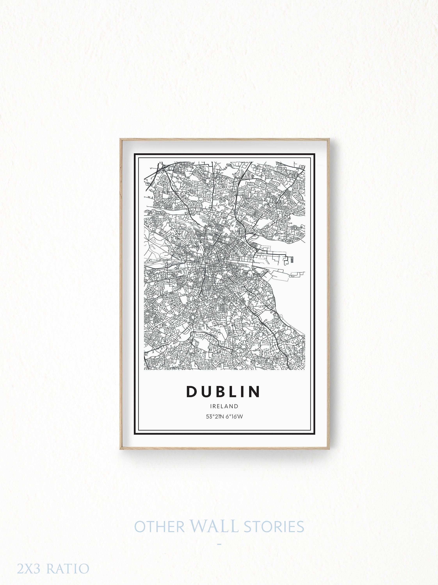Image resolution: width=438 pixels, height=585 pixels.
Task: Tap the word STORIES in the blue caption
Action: click(x=274, y=527)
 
